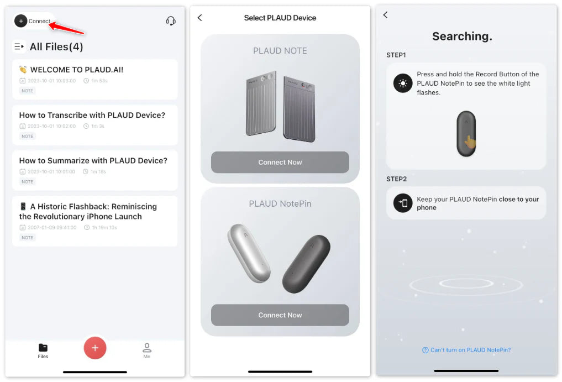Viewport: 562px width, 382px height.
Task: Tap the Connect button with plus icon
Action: point(33,21)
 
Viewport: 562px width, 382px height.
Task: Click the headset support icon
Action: point(171,21)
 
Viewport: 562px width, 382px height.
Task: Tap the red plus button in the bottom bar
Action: point(95,348)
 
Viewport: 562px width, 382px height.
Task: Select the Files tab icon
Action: point(43,347)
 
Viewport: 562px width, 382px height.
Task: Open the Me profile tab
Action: point(147,350)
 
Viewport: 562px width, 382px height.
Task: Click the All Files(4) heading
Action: point(56,46)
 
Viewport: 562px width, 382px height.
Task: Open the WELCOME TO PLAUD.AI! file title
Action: point(77,70)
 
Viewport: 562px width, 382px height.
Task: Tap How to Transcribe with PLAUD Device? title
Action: point(92,115)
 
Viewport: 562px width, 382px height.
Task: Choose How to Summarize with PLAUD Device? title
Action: point(93,161)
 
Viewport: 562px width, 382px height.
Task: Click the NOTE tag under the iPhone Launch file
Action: point(27,238)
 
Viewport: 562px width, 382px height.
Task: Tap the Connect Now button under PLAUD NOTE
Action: point(280,162)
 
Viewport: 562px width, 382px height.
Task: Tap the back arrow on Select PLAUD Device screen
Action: point(200,18)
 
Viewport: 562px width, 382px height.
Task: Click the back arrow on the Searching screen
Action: point(385,15)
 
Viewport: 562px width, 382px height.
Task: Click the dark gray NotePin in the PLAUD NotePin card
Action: point(307,264)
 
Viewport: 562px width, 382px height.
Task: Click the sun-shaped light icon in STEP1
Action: point(403,83)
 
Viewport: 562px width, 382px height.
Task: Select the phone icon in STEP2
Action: point(403,203)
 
